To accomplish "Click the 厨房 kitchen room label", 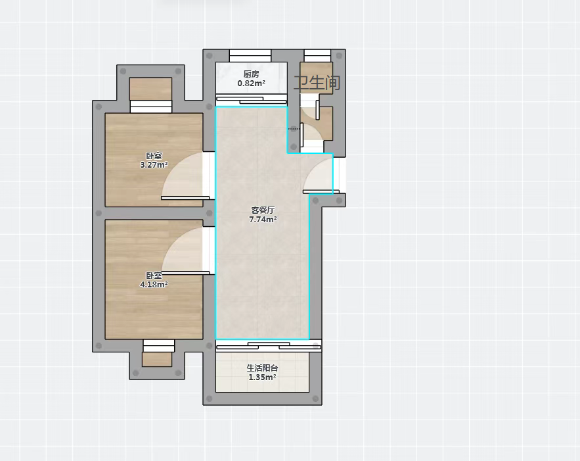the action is coord(251,74).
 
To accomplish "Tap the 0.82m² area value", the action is coord(251,84).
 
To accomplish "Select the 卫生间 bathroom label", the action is coord(317,82).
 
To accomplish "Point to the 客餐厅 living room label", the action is coord(263,210).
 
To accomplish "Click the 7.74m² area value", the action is coord(263,219).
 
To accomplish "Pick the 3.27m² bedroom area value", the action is coord(154,165).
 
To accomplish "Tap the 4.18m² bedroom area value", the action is coord(154,284).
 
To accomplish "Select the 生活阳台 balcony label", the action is coord(262,368).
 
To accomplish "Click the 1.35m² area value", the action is coord(262,377).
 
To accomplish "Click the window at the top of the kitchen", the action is coord(250,55).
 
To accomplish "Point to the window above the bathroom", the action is coord(317,55).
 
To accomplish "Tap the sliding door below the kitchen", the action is coord(251,100).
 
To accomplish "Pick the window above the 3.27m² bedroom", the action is coord(151,107).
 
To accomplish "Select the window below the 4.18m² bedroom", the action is coord(159,346).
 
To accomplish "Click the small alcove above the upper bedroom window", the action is coord(150,89).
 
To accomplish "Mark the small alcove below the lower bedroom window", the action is coord(157,359).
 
